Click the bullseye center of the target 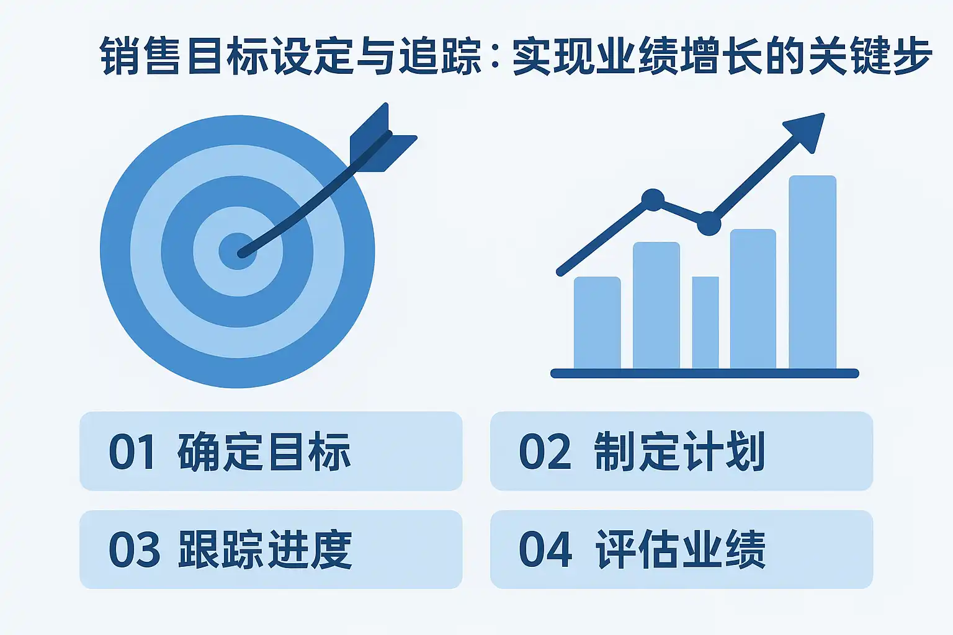tap(238, 251)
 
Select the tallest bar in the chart tap(813, 272)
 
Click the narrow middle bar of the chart tap(705, 322)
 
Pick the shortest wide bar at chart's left tap(597, 323)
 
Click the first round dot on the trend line tap(653, 200)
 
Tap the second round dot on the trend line tap(709, 224)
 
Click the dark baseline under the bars tap(705, 373)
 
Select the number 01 tap(132, 451)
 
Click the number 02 tap(545, 451)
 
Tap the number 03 tap(135, 549)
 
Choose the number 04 tap(545, 549)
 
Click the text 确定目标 tap(264, 451)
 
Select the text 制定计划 tap(679, 451)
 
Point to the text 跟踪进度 tap(265, 549)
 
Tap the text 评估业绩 tap(680, 549)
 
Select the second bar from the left tap(656, 305)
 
